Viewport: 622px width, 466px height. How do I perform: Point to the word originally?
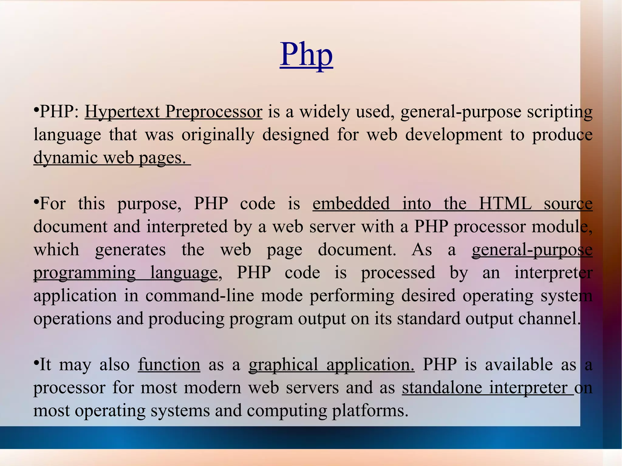tap(218, 135)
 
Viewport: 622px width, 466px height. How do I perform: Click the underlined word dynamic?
tap(66, 158)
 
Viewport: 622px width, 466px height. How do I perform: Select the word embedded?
tap(351, 204)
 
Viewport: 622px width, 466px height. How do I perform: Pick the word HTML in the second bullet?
tap(505, 204)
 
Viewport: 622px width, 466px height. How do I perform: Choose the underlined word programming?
tap(84, 273)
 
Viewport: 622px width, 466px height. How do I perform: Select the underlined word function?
tap(169, 365)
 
